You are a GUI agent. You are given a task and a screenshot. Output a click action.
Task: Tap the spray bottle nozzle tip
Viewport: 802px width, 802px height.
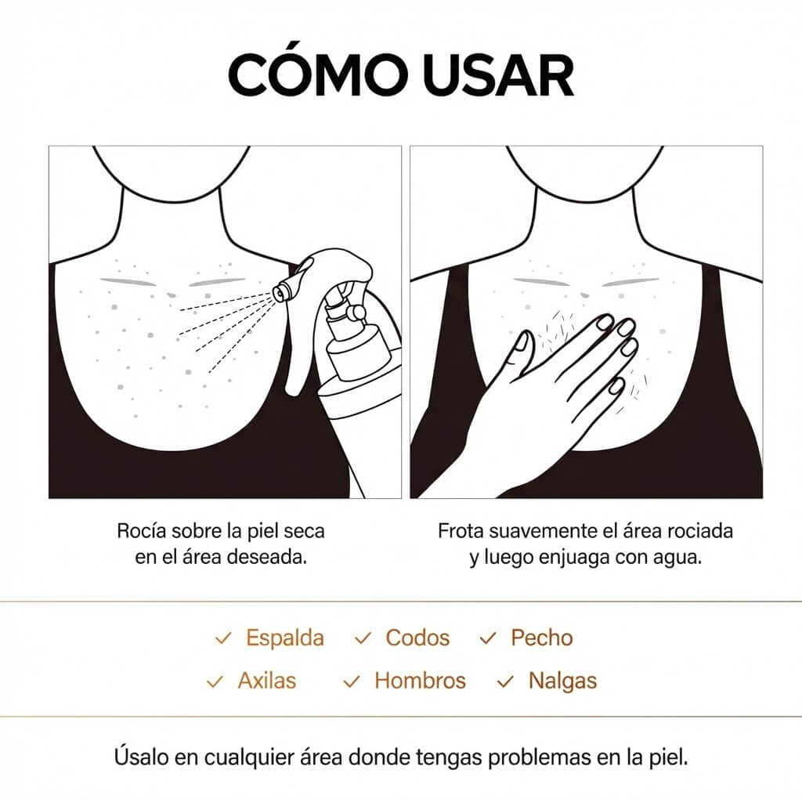[278, 293]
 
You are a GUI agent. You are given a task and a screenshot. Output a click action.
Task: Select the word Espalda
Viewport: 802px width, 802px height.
[285, 638]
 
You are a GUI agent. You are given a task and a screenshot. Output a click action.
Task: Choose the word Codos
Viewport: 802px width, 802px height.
[417, 638]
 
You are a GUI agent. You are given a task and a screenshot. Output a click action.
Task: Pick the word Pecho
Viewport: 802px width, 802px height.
[542, 638]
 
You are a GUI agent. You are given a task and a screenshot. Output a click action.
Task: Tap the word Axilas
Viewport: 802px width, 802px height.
[267, 681]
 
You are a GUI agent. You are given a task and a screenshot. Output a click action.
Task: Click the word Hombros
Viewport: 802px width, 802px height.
[420, 681]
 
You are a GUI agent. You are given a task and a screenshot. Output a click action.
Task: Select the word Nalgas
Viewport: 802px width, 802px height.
[562, 681]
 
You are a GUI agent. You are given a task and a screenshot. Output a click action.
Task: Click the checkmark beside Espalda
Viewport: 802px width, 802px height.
[223, 639]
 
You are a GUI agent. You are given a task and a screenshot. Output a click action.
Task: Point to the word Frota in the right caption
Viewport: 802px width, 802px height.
[460, 531]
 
